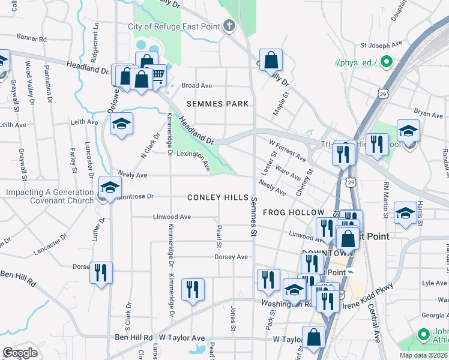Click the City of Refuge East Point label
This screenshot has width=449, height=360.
174,26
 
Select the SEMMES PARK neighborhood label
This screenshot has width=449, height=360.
217,104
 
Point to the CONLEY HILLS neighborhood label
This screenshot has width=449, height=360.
217,197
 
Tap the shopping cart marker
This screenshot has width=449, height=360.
157,76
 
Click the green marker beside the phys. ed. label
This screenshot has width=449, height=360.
387,61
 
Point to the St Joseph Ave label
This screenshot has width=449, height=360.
381,45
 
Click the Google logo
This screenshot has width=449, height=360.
20,353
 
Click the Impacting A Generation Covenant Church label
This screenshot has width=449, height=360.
50,197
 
